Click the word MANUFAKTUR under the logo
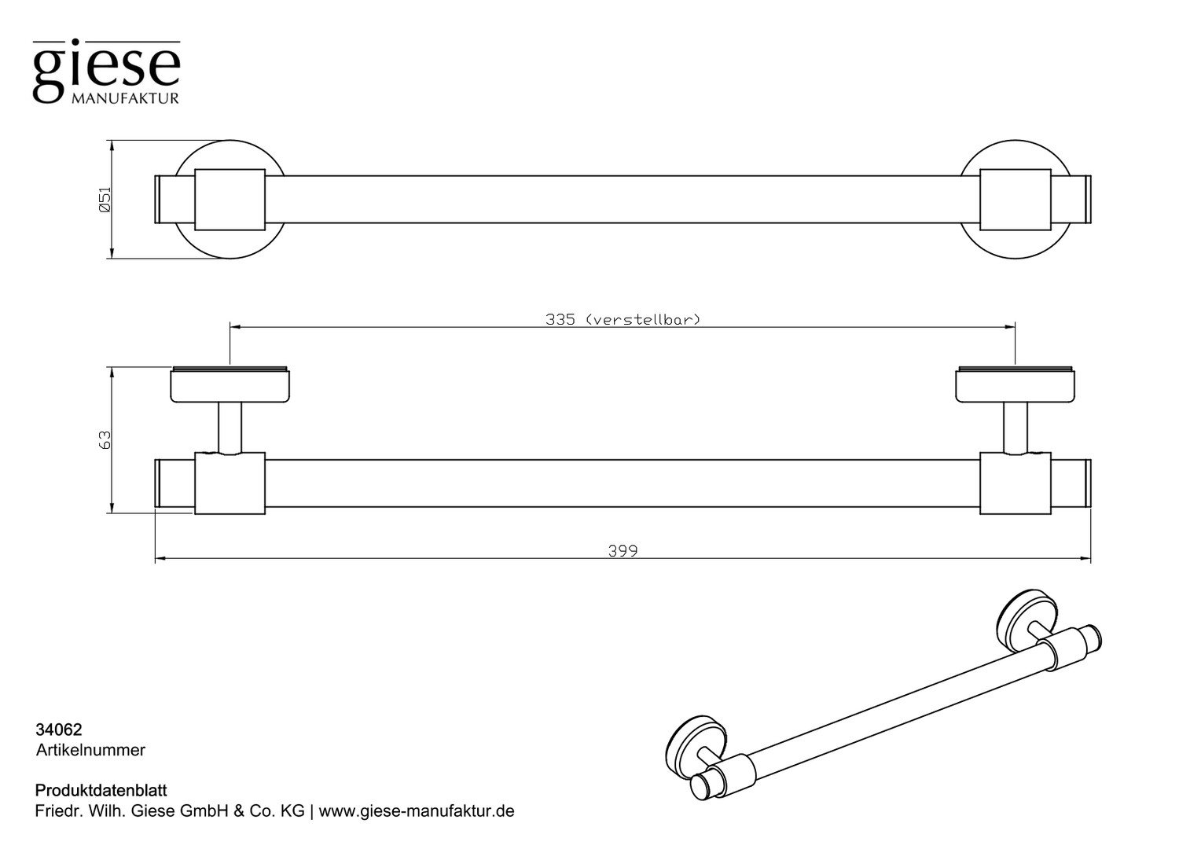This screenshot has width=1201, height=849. click(x=125, y=99)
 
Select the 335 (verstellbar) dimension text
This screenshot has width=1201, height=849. click(x=622, y=319)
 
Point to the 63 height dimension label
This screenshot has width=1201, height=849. click(x=105, y=440)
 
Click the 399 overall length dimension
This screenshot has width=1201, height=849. click(x=623, y=551)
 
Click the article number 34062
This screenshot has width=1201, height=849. click(x=59, y=730)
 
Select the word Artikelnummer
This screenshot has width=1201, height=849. click(x=90, y=750)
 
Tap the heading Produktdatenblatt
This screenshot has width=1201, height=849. click(x=101, y=790)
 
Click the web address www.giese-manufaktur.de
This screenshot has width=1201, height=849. click(x=417, y=811)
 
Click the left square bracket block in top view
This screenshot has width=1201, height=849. click(x=230, y=199)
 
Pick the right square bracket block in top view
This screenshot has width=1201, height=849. click(x=1016, y=199)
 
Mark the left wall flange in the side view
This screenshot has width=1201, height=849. click(x=230, y=385)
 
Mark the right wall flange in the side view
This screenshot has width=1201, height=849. click(x=1015, y=385)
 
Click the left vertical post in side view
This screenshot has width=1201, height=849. click(x=230, y=427)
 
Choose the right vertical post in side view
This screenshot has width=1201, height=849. click(x=1015, y=427)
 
